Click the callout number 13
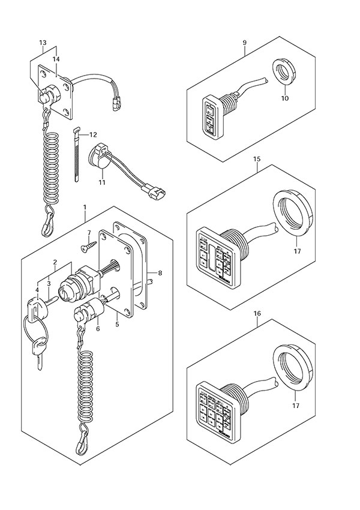pyautogui.click(x=43, y=43)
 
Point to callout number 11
pyautogui.click(x=102, y=181)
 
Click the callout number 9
pyautogui.click(x=245, y=43)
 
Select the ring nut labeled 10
pyautogui.click(x=287, y=72)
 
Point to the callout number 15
pyautogui.click(x=257, y=160)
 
